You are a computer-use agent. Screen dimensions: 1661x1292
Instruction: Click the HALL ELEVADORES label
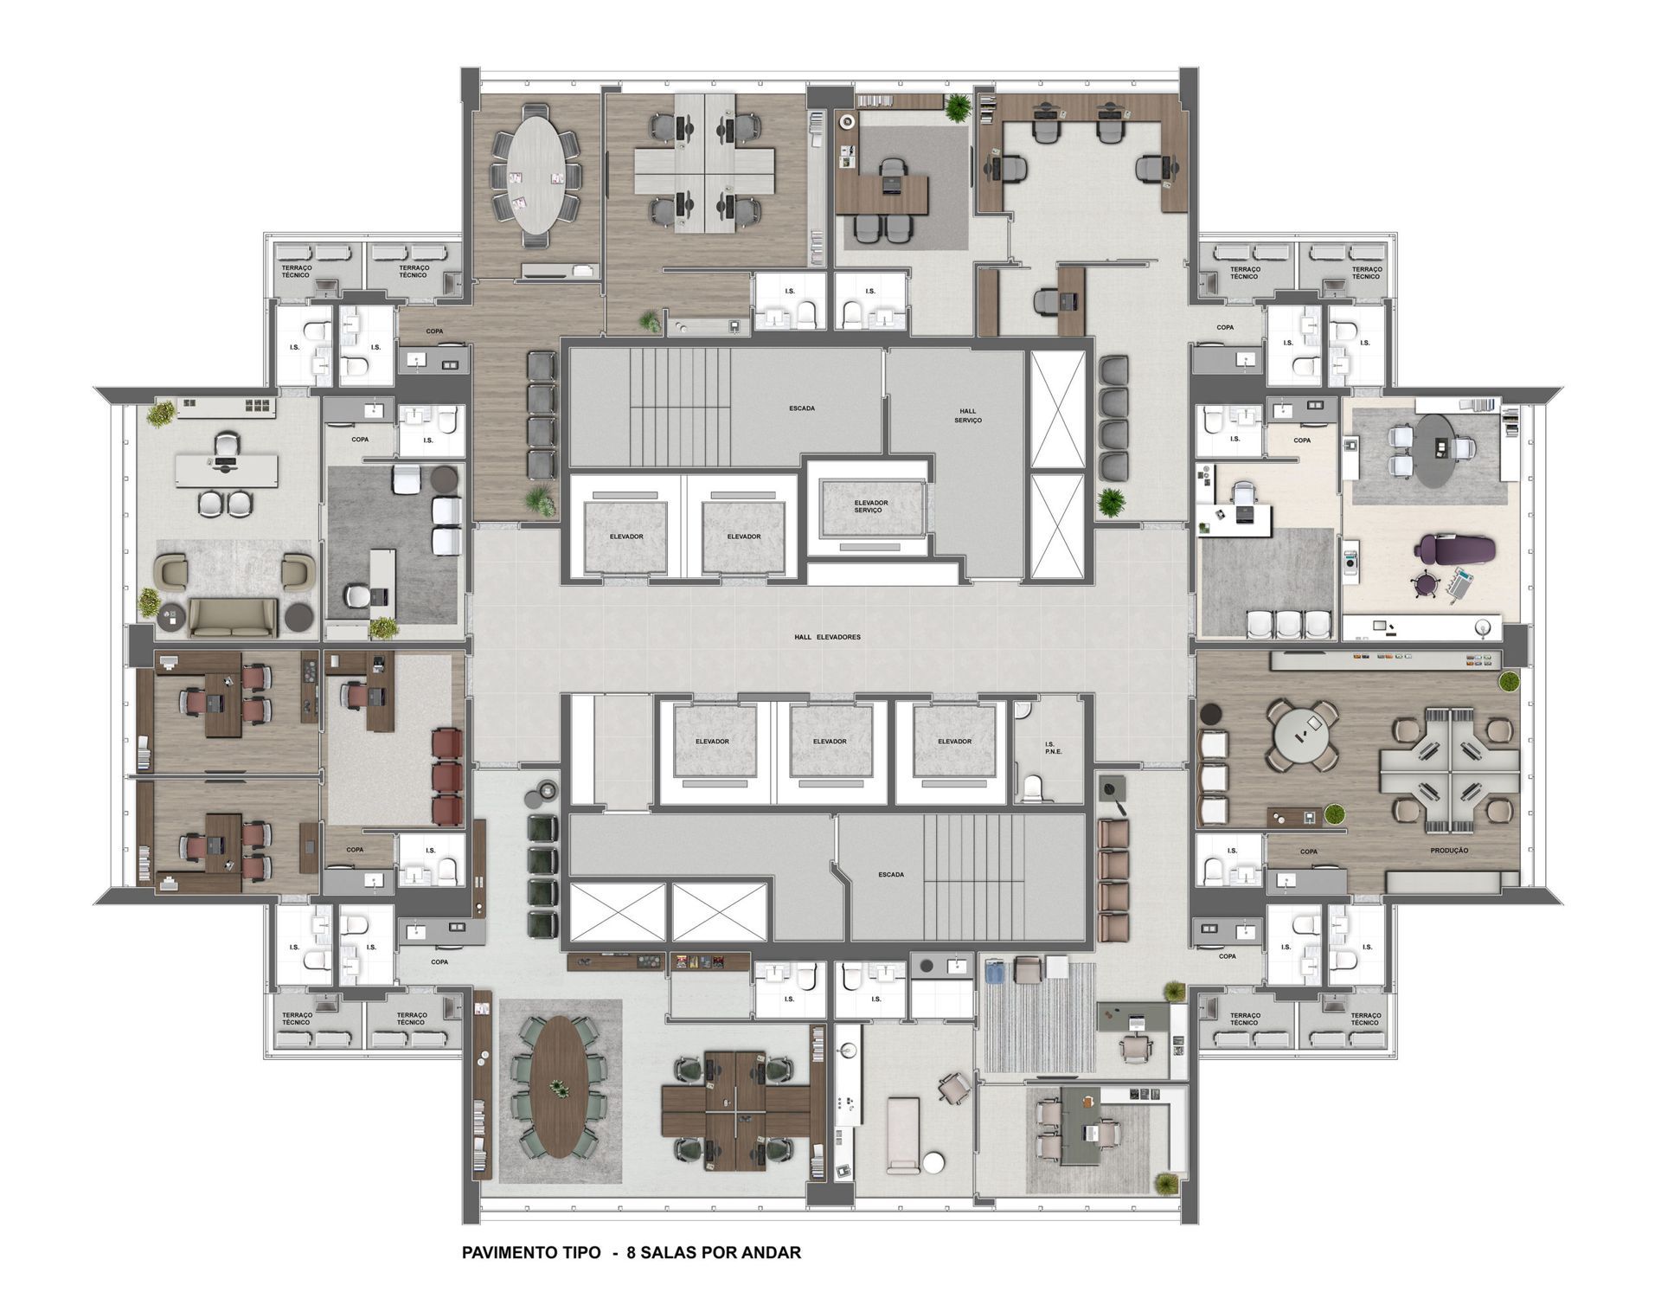pyautogui.click(x=827, y=637)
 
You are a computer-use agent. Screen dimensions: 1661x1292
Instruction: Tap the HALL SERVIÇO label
pyautogui.click(x=967, y=415)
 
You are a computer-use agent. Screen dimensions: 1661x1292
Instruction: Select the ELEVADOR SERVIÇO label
pyautogui.click(x=870, y=506)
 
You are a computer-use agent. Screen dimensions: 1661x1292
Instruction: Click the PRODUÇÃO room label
pyautogui.click(x=1449, y=851)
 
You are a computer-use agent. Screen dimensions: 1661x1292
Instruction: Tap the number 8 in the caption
pyautogui.click(x=632, y=1252)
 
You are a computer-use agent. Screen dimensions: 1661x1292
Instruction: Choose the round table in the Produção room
pyautogui.click(x=1301, y=735)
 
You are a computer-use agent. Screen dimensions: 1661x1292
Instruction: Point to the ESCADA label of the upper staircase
pyautogui.click(x=802, y=408)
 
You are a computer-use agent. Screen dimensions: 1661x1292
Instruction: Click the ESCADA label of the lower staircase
pyautogui.click(x=891, y=874)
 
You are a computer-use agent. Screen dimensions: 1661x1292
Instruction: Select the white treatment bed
pyautogui.click(x=902, y=1135)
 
